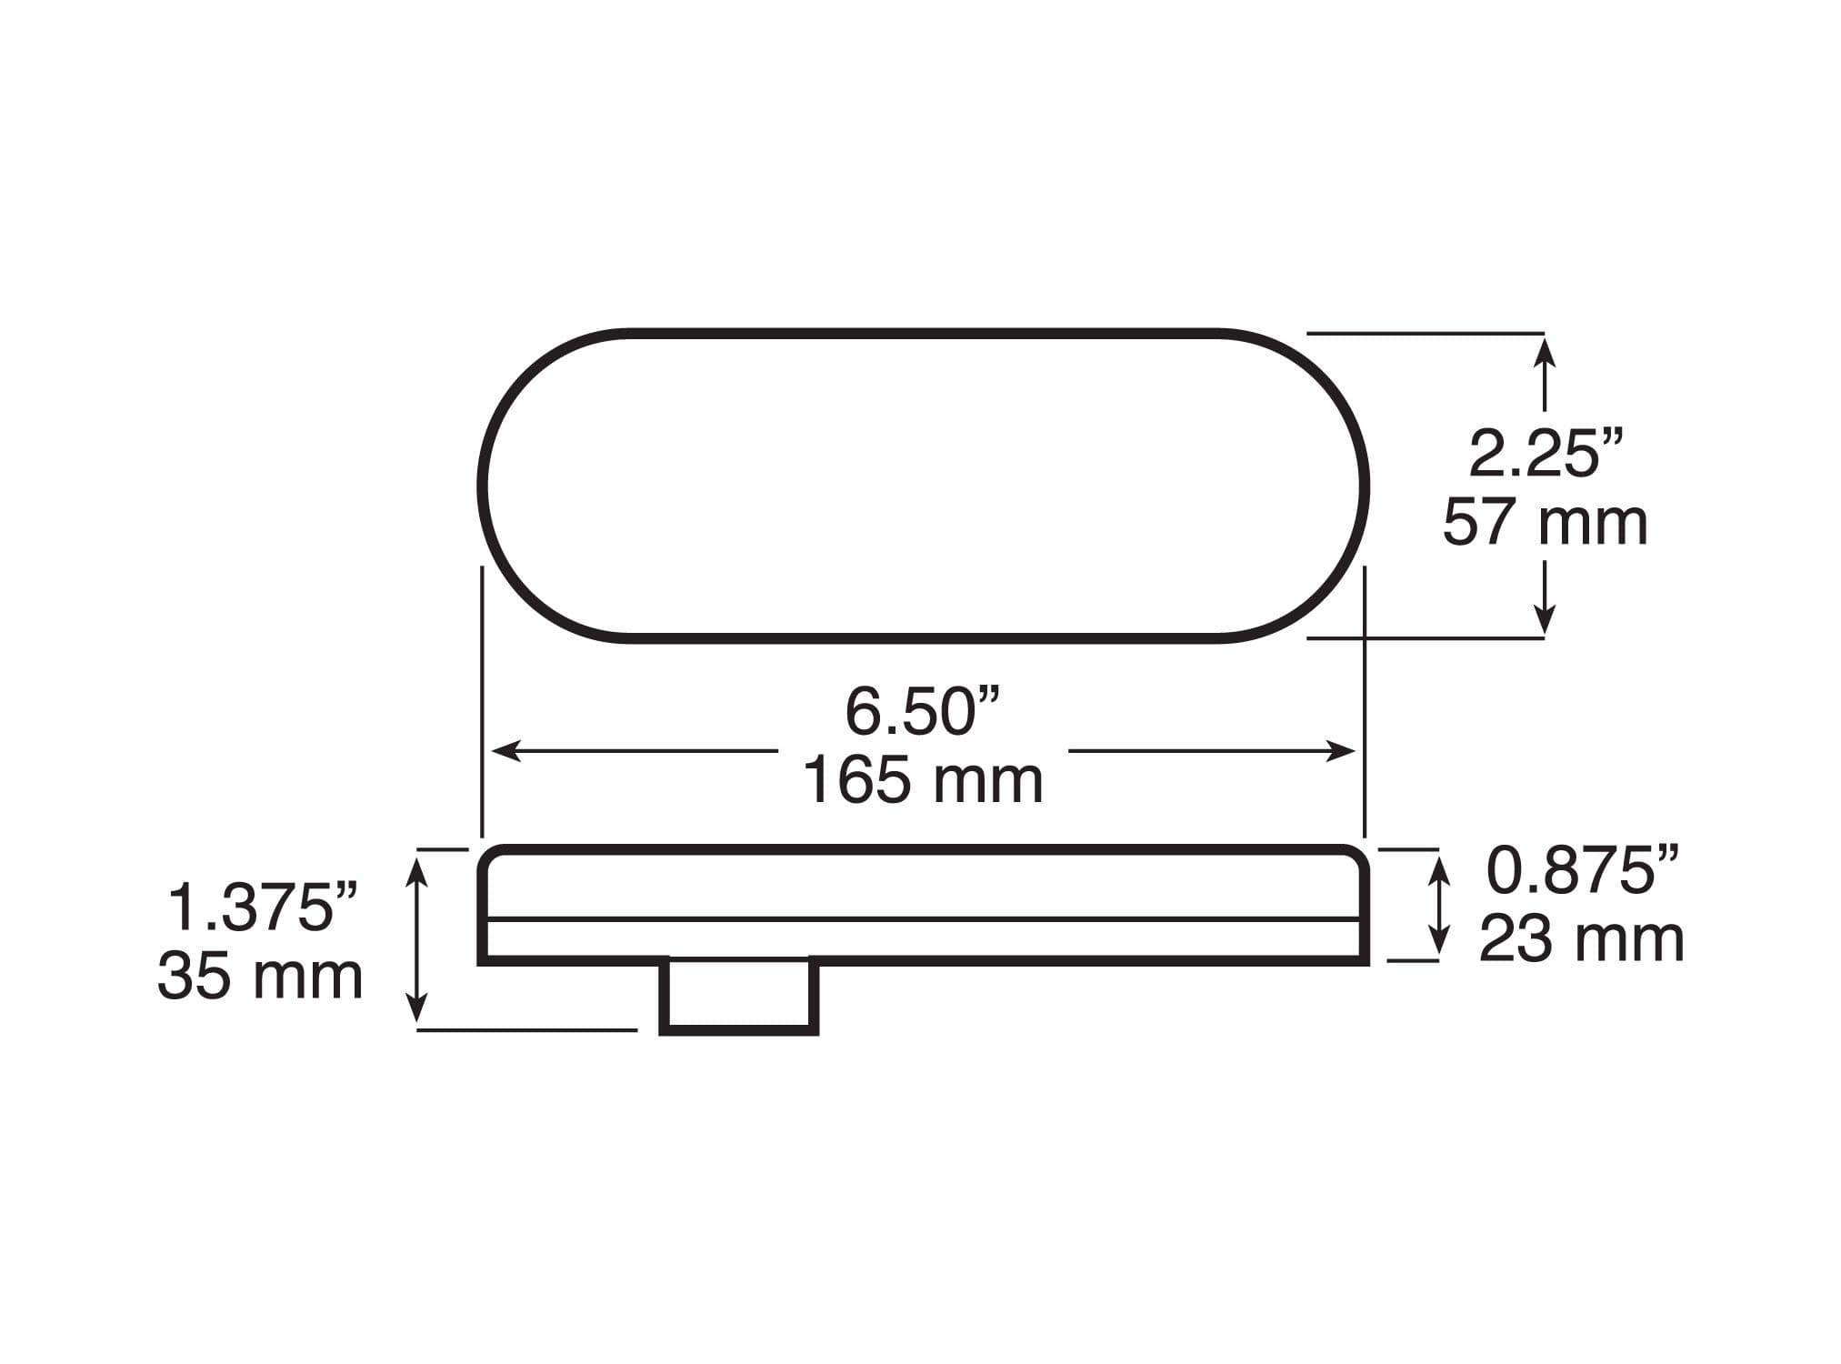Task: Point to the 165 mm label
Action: (923, 780)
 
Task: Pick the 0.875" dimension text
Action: (1583, 869)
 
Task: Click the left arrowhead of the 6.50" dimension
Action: (505, 751)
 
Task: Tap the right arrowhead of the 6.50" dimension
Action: (1341, 751)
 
